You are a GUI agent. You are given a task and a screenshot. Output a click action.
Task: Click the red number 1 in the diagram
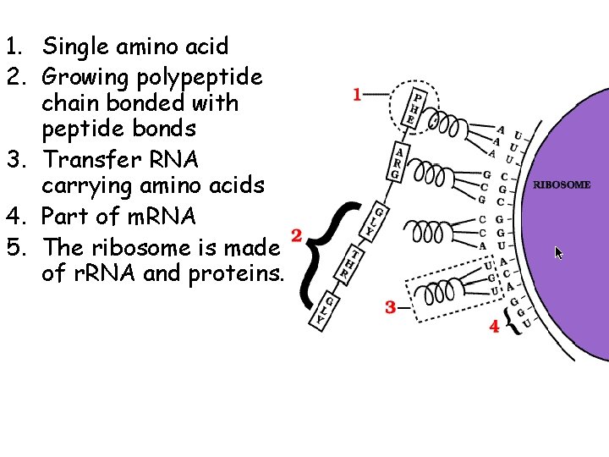click(357, 94)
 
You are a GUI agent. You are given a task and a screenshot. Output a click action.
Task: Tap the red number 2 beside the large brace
click(296, 235)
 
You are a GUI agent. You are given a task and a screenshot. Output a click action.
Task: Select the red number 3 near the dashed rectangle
click(390, 307)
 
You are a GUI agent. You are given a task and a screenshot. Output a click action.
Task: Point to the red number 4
click(494, 326)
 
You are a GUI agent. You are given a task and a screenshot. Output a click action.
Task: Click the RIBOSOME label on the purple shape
click(561, 184)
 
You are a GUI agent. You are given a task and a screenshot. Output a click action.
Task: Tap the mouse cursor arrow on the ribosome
click(558, 252)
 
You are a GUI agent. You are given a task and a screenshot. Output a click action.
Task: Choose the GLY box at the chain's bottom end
click(321, 311)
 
